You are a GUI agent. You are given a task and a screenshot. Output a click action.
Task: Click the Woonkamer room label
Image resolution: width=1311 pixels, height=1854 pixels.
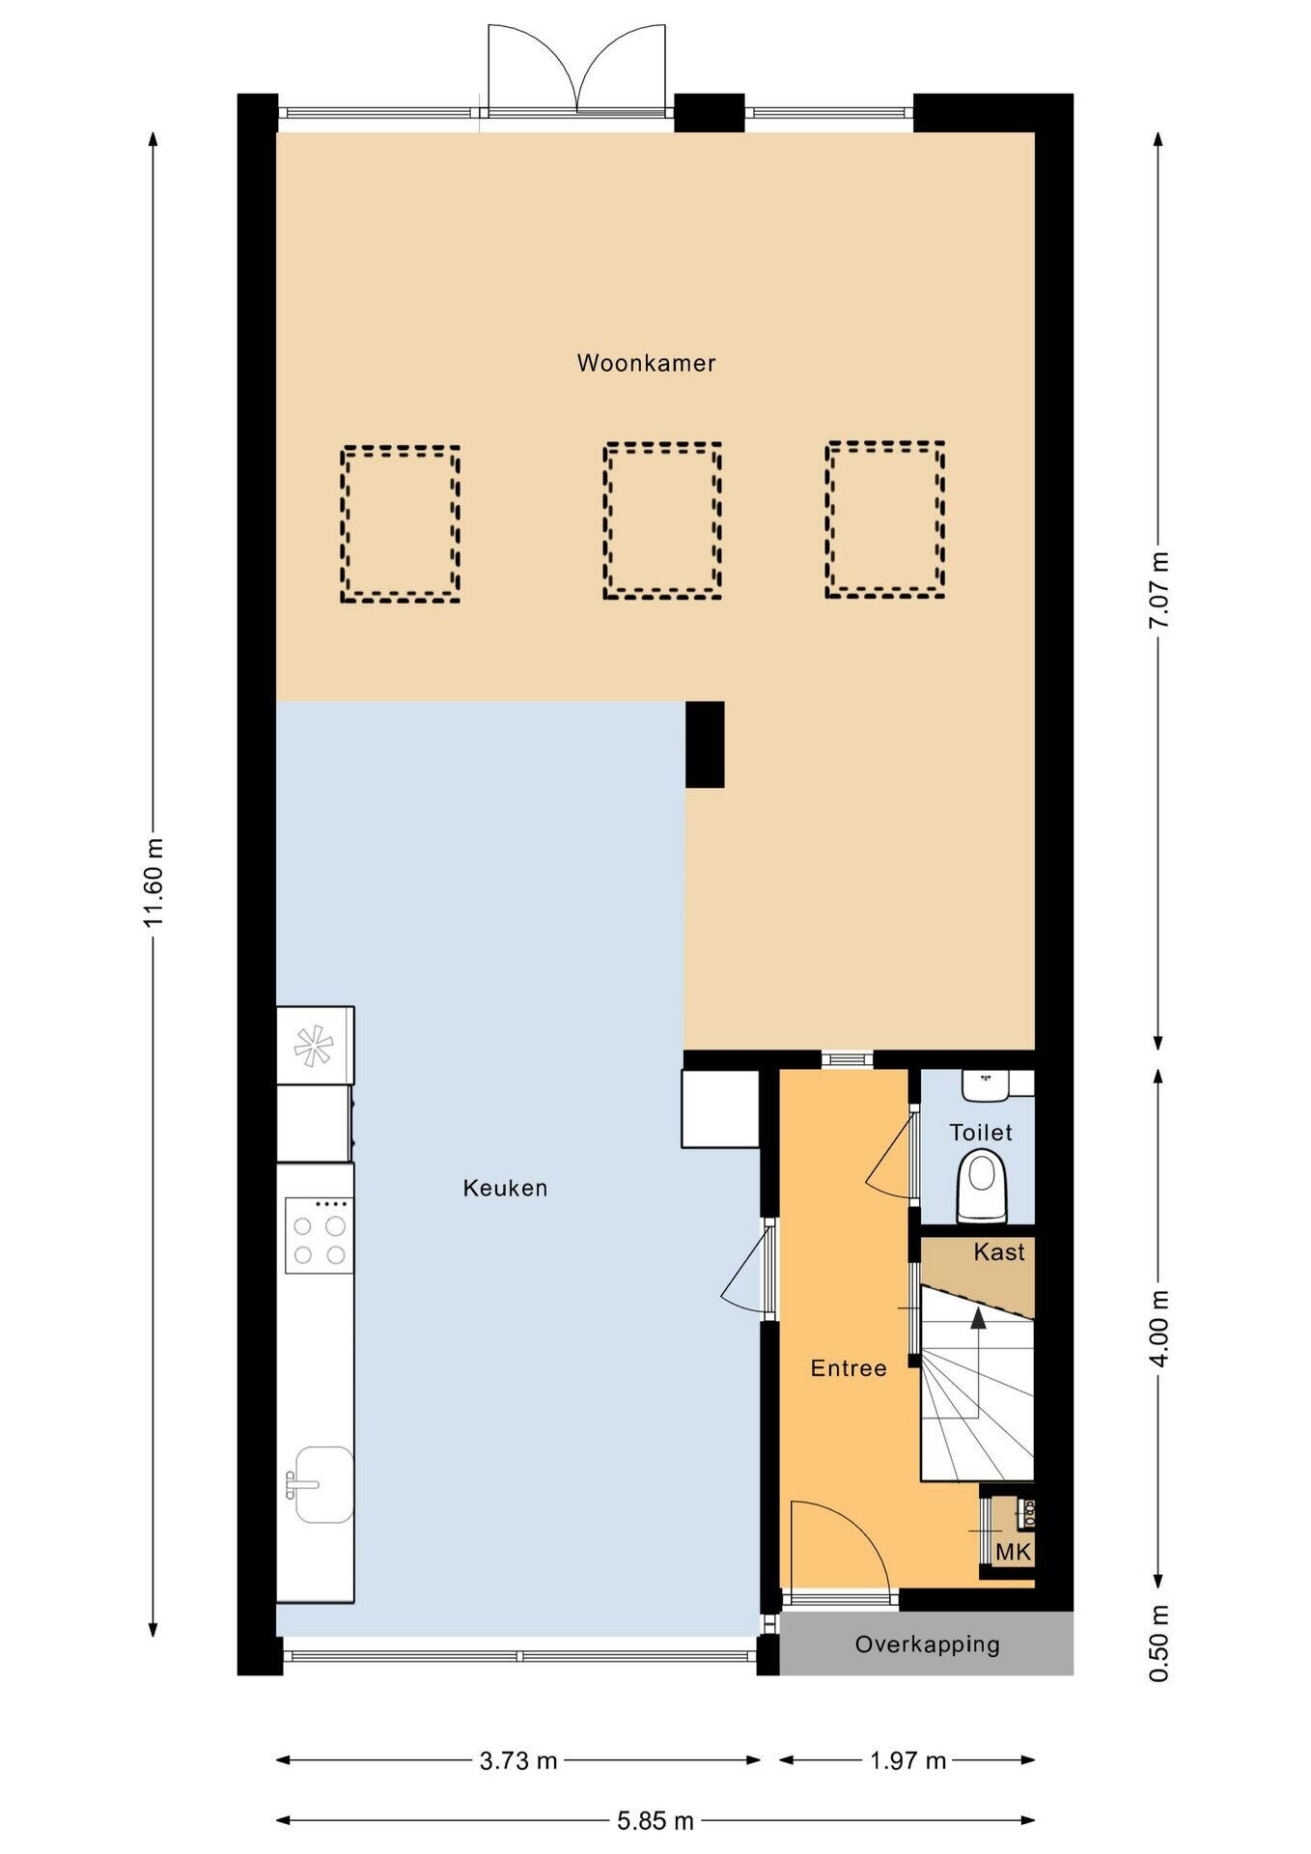click(646, 363)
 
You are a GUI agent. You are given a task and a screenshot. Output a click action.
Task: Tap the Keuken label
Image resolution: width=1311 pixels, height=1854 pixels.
click(505, 1188)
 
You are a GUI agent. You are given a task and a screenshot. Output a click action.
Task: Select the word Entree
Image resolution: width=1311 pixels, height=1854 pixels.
click(849, 1368)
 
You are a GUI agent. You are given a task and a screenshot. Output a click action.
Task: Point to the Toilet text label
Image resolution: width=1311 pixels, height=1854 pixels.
click(981, 1133)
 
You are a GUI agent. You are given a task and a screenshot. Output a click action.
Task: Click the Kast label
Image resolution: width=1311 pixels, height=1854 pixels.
click(999, 1252)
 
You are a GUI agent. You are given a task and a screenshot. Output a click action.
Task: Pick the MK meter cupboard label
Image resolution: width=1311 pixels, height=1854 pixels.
click(1014, 1553)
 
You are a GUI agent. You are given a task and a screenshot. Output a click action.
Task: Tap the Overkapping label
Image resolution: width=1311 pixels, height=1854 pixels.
click(927, 1644)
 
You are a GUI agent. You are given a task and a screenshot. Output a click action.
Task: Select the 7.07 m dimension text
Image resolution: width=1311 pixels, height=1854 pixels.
click(1158, 590)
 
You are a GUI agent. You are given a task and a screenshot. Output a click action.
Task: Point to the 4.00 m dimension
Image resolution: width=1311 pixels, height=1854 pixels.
click(1158, 1328)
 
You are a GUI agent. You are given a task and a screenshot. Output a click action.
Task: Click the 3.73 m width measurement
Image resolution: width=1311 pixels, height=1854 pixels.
click(518, 1760)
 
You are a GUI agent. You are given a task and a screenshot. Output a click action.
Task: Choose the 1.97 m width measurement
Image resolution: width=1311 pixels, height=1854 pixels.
click(907, 1760)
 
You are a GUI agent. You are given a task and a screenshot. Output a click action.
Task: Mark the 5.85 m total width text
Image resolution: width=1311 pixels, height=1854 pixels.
click(655, 1821)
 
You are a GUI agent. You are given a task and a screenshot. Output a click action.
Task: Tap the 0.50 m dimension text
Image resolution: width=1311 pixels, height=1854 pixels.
click(1158, 1643)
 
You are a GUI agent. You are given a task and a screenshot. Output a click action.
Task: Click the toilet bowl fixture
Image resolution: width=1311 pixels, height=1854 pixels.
click(982, 1189)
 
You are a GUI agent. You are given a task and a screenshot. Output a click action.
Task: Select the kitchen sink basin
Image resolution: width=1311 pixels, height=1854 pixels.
click(323, 1484)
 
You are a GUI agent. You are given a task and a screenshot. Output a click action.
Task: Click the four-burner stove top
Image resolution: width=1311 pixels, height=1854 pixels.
click(319, 1236)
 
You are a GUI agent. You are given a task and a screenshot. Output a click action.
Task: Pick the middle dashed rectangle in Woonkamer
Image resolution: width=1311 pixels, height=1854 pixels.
click(662, 520)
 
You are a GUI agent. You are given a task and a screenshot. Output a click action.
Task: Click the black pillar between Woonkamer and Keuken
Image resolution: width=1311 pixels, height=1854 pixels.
click(705, 744)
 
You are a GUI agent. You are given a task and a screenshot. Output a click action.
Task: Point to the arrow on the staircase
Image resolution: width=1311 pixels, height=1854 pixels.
click(978, 1362)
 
